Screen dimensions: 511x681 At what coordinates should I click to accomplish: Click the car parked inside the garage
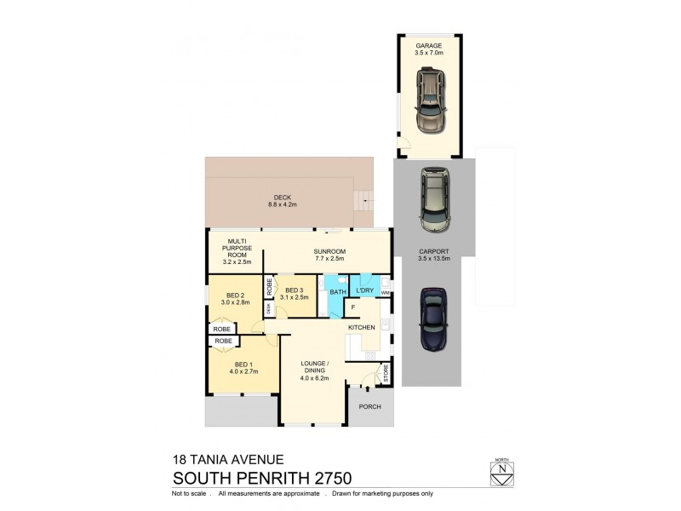click(x=430, y=100)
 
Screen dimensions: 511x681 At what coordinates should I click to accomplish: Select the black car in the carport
click(x=433, y=319)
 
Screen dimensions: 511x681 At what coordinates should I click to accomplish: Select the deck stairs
click(x=364, y=202)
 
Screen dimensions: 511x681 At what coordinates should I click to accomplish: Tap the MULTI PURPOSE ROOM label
click(x=233, y=250)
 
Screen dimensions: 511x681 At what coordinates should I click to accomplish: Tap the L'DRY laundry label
click(x=367, y=291)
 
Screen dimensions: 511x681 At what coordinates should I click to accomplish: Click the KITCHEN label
click(x=362, y=327)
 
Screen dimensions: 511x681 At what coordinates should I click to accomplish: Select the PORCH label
click(x=369, y=406)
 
